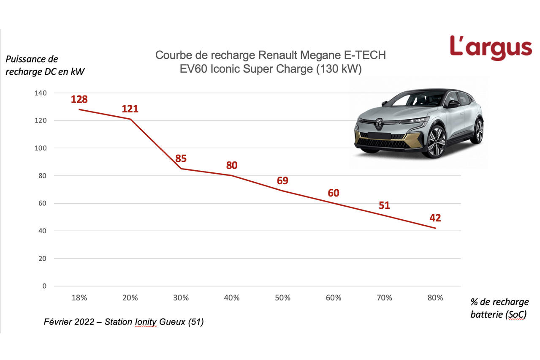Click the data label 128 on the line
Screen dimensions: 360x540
coord(79,99)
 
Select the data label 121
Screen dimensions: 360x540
coord(130,109)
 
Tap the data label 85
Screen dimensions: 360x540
coord(181,159)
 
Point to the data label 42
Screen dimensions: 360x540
coord(435,218)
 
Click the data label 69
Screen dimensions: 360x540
coord(282,181)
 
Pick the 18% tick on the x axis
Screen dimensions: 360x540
coord(79,298)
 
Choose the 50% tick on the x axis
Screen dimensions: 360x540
coord(282,298)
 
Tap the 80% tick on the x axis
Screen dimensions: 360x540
coord(435,298)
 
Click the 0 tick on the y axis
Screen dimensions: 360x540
coord(44,286)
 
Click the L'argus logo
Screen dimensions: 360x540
coord(491,48)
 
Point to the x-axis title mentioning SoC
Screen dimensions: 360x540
coord(499,308)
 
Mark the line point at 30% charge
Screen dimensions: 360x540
coord(181,169)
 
